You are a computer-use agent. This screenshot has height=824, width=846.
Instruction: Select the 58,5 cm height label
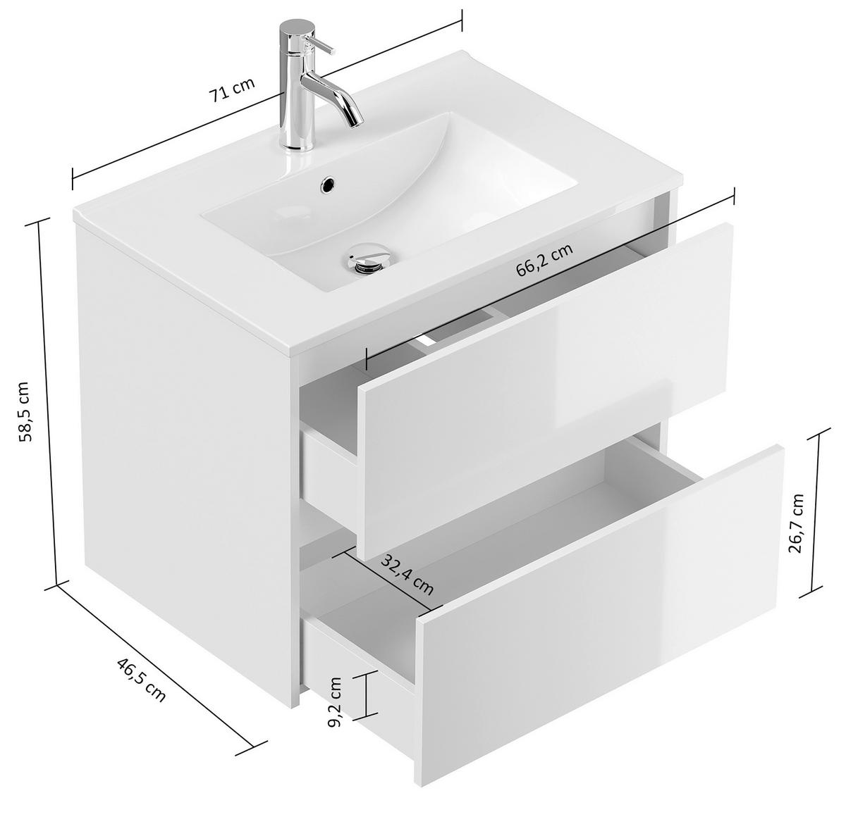pos(23,411)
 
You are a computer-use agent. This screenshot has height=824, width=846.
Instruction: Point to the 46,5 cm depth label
pos(142,679)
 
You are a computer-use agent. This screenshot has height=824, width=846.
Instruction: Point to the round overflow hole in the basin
pos(328,185)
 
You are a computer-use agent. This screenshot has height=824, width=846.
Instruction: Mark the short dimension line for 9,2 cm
pos(366,694)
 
